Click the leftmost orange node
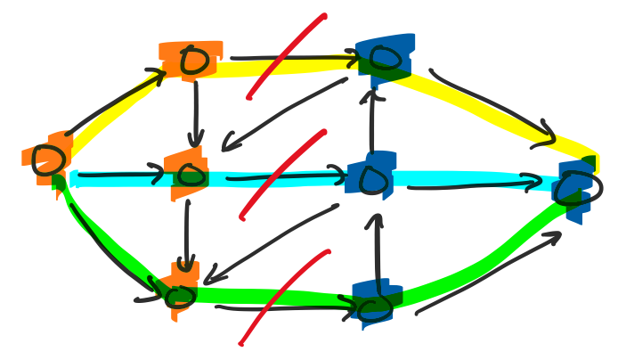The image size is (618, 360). pos(46,160)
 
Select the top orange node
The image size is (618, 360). pos(191,61)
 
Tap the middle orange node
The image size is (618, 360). pos(188,172)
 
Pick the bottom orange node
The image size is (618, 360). pos(181,294)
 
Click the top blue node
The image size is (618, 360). pos(384,59)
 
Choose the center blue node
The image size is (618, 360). pos(372,178)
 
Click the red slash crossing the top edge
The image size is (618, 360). pos(287,55)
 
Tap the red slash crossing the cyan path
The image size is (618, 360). pos(283,174)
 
